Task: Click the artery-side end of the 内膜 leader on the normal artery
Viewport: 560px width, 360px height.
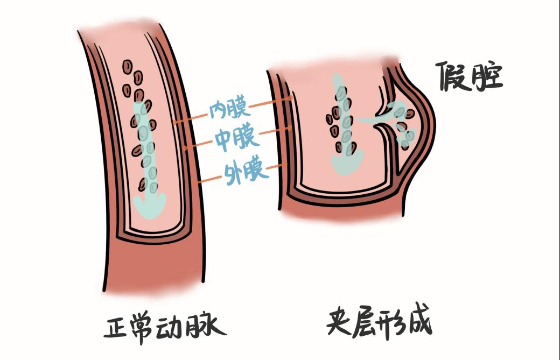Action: [174, 123]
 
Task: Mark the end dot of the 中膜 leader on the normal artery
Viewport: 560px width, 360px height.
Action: [185, 147]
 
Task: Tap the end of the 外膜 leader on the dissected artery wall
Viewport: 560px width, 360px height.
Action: [286, 164]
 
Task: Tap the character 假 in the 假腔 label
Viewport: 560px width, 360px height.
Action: [451, 76]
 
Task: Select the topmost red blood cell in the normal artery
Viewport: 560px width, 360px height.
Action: [128, 66]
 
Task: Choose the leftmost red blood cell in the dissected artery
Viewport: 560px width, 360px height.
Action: [329, 119]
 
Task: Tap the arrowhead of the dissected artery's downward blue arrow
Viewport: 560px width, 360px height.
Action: [347, 163]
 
